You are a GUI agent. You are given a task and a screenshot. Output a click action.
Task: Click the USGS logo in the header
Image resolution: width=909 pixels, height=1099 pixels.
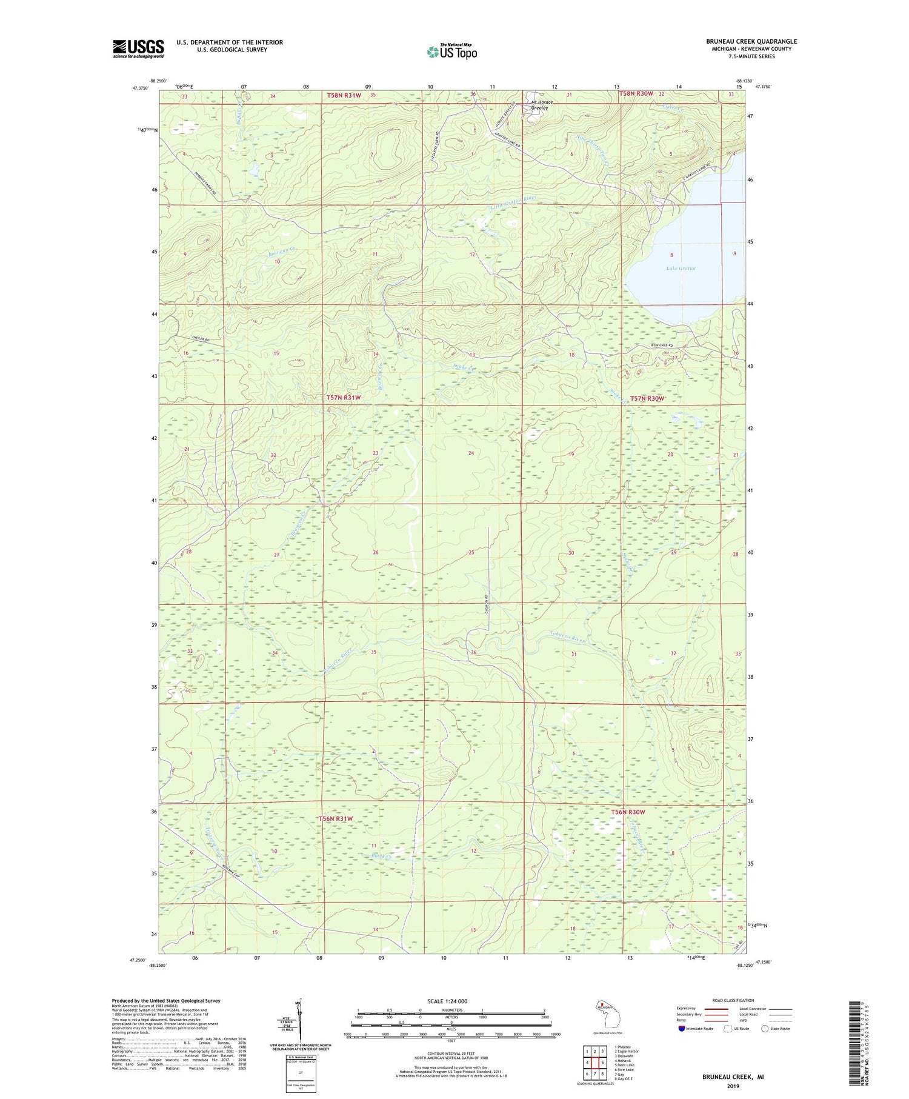point(138,48)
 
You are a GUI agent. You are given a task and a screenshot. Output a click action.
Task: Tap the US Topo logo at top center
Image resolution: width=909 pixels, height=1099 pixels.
point(451,52)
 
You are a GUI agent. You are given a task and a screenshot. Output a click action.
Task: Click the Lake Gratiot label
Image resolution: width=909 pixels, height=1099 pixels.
point(681,268)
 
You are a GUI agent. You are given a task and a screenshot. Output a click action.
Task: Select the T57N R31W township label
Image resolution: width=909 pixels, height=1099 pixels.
point(344,398)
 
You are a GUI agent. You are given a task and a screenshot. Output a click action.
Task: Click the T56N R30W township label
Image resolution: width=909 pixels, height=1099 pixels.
point(628,812)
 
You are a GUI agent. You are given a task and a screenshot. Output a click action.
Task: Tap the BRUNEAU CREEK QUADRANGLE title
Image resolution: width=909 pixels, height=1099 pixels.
point(751,41)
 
